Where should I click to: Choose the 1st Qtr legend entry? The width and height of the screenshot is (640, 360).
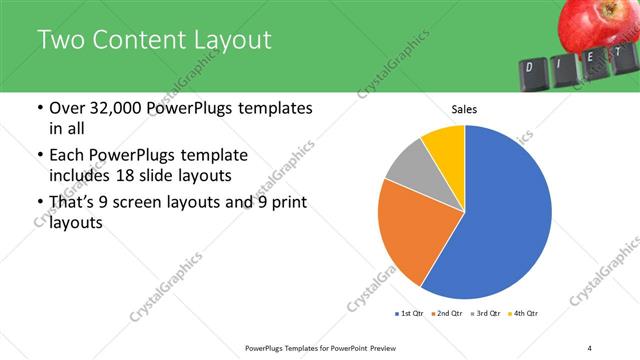[x=409, y=314]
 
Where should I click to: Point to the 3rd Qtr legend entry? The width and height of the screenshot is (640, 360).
[x=487, y=314]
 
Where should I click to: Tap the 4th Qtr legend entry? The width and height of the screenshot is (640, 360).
[x=525, y=314]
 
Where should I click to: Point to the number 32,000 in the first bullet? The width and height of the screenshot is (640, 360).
[x=113, y=109]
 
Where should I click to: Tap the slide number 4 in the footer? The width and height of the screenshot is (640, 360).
[x=590, y=347]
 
